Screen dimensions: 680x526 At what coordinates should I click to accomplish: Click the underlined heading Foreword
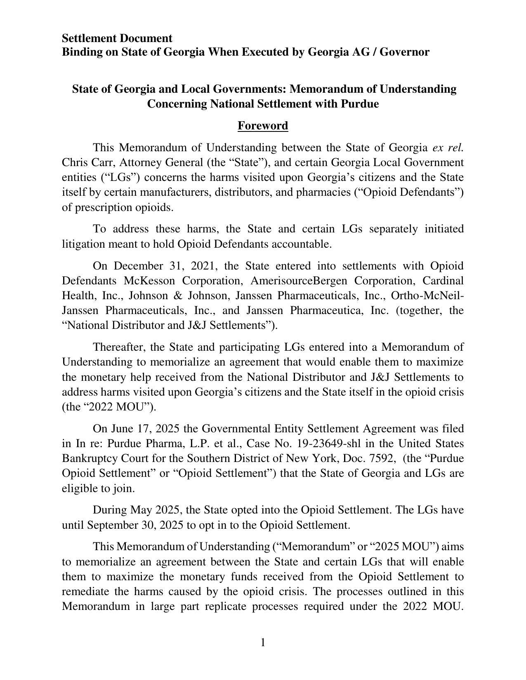click(262, 126)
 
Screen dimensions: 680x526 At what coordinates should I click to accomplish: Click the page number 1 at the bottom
click(263, 642)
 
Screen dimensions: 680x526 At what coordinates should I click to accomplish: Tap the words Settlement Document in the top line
click(117, 38)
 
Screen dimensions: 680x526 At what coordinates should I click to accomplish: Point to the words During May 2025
click(137, 510)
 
